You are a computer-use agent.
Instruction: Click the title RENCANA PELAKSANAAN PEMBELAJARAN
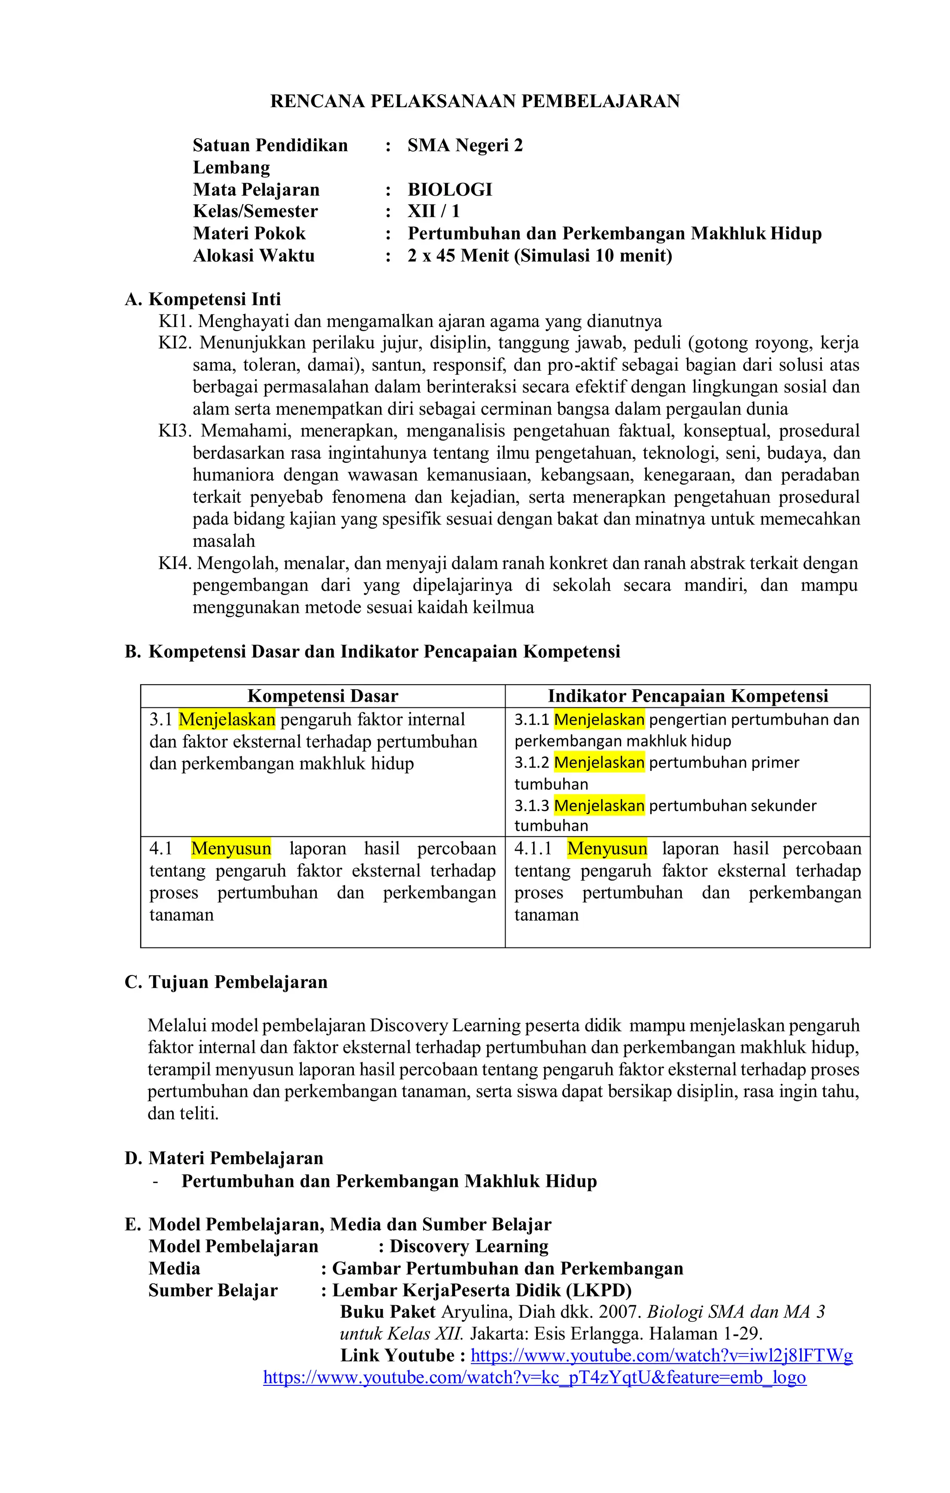click(475, 101)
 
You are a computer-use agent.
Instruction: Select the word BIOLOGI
click(449, 190)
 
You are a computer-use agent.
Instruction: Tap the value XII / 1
click(433, 211)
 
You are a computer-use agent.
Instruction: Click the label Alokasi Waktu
click(254, 256)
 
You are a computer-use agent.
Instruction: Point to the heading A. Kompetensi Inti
click(203, 300)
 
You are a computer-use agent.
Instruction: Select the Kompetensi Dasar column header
click(322, 696)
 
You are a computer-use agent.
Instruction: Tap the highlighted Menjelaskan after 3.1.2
click(598, 763)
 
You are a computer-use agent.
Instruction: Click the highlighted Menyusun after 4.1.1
click(606, 849)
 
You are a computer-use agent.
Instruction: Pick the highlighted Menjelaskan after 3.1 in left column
click(226, 720)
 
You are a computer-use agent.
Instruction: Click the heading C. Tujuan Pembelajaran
click(226, 982)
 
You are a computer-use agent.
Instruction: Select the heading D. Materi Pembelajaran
click(224, 1158)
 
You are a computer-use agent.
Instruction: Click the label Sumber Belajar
click(213, 1290)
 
